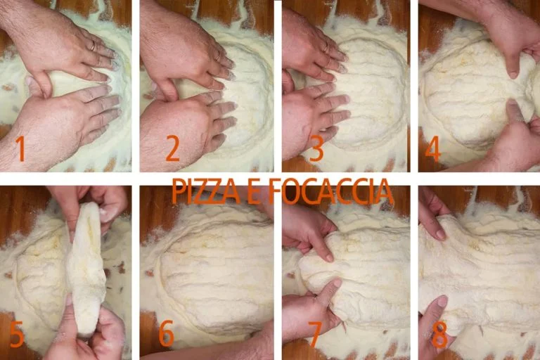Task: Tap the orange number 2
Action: (172, 148)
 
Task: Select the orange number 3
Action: (316, 148)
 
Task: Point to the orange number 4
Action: (433, 148)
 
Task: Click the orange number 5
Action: (17, 335)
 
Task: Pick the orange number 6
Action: (167, 333)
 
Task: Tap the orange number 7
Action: (315, 335)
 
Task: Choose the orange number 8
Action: (439, 335)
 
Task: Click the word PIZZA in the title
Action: (205, 191)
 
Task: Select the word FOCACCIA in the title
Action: (330, 191)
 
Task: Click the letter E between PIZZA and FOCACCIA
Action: (254, 191)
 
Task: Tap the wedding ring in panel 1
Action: (93, 46)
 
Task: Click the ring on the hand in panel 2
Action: (218, 56)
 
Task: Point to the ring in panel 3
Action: (326, 48)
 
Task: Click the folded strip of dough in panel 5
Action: (86, 269)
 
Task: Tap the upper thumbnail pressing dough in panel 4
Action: (513, 74)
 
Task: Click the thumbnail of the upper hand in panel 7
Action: (329, 257)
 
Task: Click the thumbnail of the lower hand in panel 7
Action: (336, 283)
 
